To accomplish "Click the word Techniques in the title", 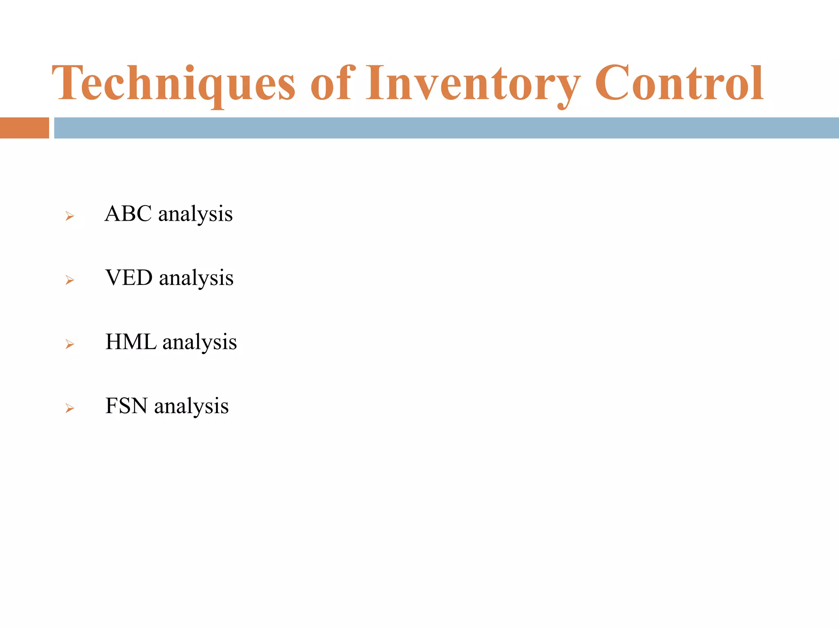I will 173,84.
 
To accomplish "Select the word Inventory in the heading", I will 472,84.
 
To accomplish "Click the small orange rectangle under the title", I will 24,128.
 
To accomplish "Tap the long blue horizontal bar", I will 446,128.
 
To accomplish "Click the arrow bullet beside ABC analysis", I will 70,216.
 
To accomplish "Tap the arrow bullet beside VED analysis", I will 70,281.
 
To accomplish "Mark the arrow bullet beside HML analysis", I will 70,344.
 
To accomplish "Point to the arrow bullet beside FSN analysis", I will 70,408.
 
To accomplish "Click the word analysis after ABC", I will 195,215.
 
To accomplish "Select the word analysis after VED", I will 196,278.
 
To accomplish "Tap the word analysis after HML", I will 200,343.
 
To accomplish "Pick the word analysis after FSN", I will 191,407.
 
